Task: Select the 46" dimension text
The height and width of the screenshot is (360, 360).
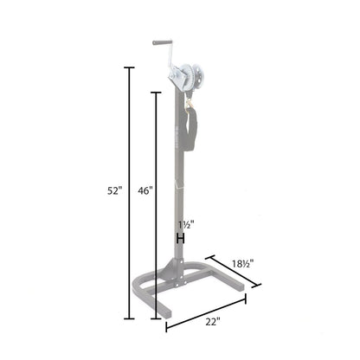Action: coord(145,192)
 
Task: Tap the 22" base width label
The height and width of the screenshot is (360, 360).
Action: coord(214,321)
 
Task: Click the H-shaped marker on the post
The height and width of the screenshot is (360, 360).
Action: coord(182,239)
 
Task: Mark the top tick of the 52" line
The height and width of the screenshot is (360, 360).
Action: coord(130,67)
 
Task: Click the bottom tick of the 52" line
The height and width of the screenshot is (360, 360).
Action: coord(130,318)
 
